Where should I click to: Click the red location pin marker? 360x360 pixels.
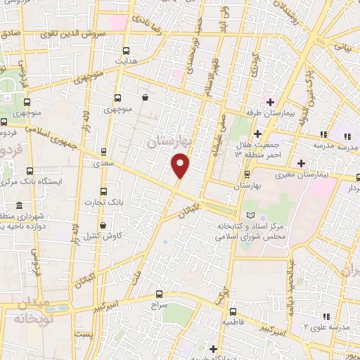[181, 166]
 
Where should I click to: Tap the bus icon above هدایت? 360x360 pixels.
[127, 51]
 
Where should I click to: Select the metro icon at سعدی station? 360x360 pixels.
[105, 151]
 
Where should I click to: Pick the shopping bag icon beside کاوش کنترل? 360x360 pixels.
[105, 226]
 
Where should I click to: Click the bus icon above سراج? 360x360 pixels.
[158, 295]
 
